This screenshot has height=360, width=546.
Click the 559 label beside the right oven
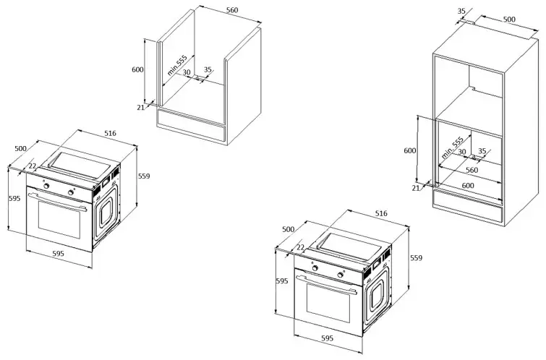pyautogui.click(x=417, y=257)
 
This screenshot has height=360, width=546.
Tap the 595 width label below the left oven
pyautogui.click(x=58, y=254)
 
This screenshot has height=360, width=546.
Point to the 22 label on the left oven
pyautogui.click(x=32, y=168)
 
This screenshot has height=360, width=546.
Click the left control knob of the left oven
pyautogui.click(x=47, y=186)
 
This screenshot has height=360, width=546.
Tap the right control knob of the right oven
pyautogui.click(x=341, y=275)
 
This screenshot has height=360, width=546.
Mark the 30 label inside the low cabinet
pyautogui.click(x=186, y=73)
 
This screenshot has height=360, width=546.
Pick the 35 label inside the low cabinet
pyautogui.click(x=208, y=70)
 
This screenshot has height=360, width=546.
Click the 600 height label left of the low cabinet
pyautogui.click(x=138, y=69)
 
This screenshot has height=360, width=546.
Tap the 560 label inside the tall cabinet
pyautogui.click(x=471, y=171)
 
